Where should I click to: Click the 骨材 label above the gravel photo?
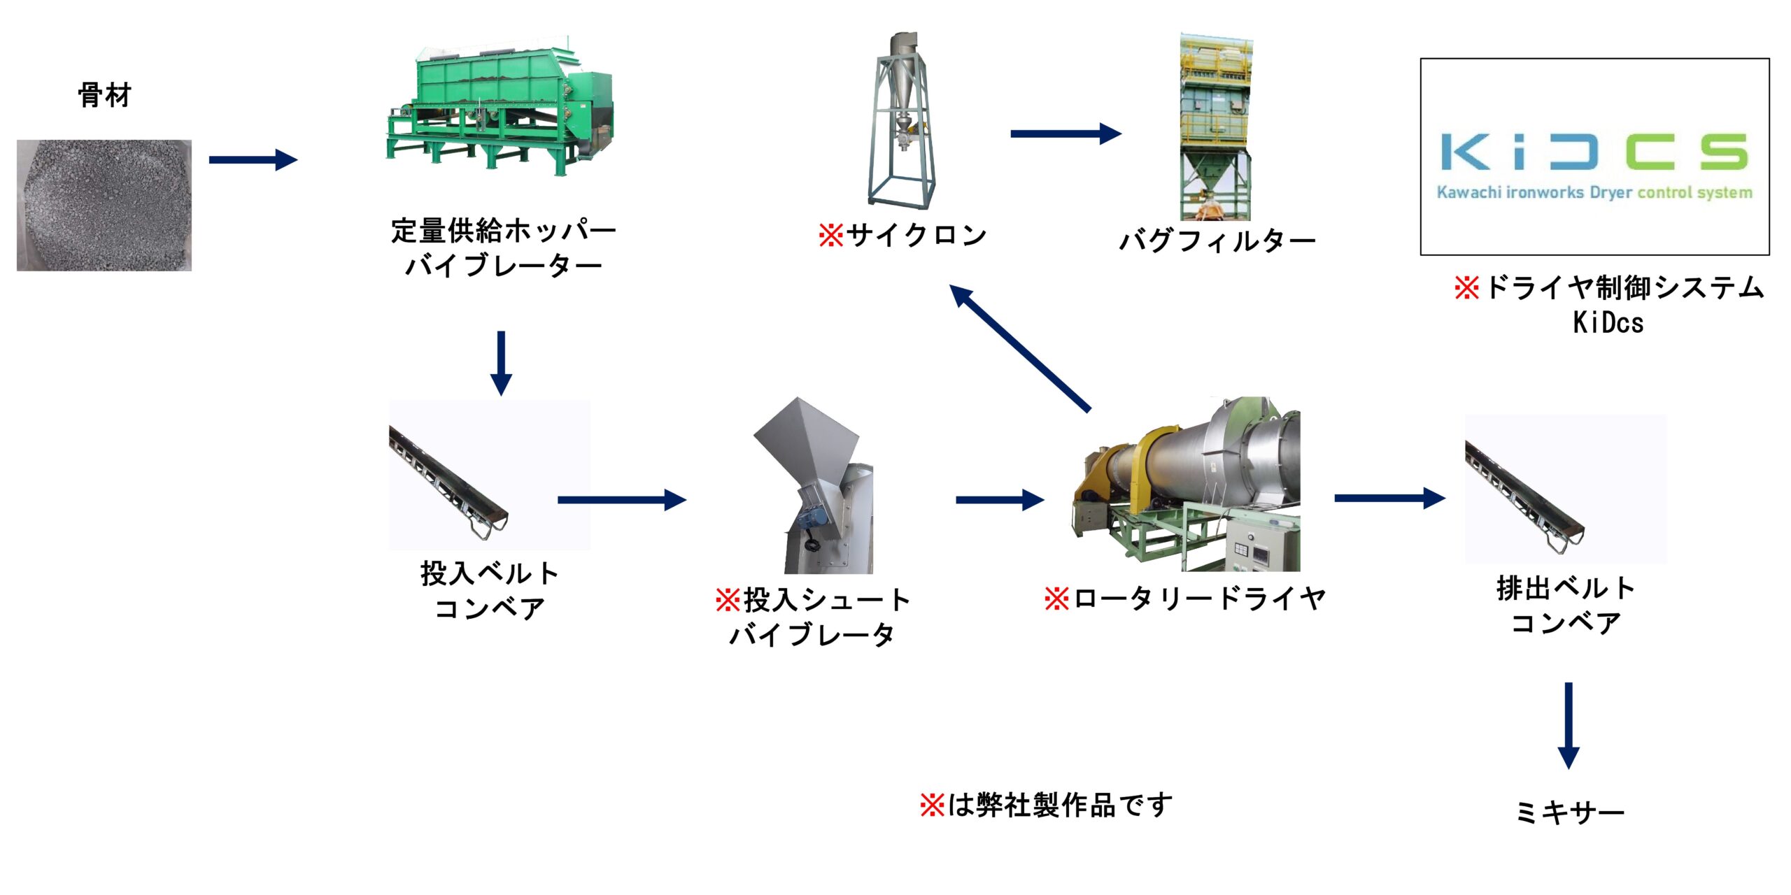click(x=104, y=95)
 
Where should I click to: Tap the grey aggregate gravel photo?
click(x=104, y=205)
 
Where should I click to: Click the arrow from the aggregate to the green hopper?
click(x=253, y=160)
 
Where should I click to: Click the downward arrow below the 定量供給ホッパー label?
click(x=501, y=363)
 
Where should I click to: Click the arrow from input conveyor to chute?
click(x=621, y=500)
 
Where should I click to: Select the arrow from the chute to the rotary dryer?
click(x=999, y=500)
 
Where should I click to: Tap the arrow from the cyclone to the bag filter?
click(x=1065, y=134)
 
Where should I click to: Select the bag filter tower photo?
click(x=1215, y=126)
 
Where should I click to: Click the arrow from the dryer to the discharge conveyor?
click(x=1389, y=499)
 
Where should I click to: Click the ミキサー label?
click(x=1569, y=812)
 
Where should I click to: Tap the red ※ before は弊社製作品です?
click(x=932, y=805)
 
